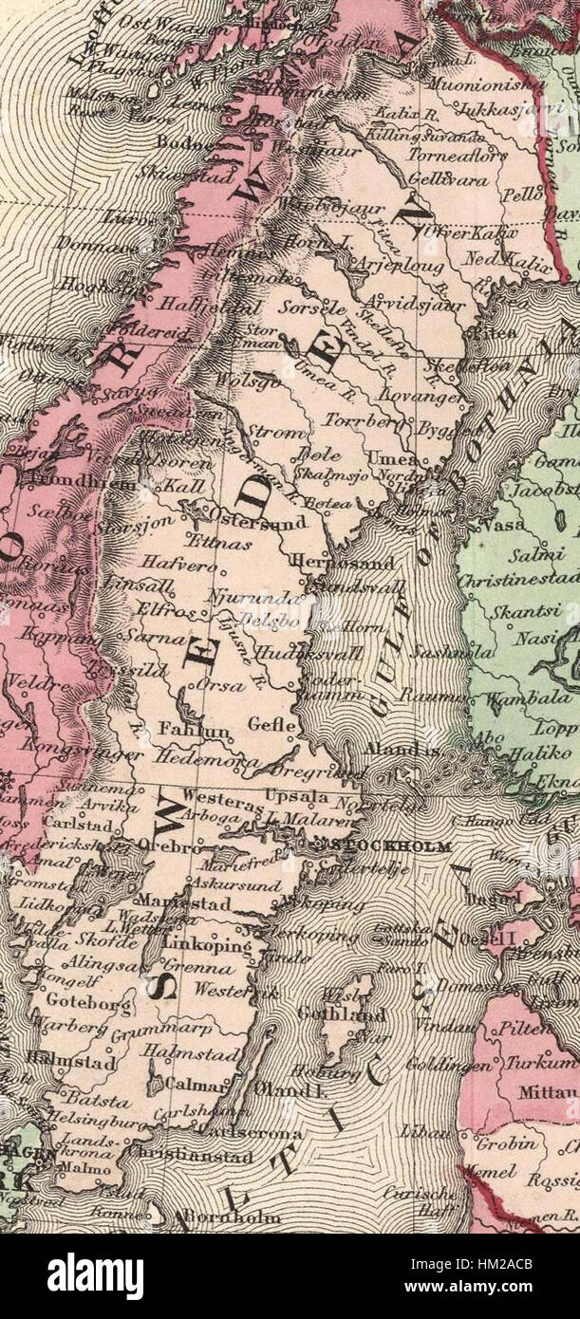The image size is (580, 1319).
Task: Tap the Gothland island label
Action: (x=355, y=1014)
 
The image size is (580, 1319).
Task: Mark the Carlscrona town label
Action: (x=253, y=1133)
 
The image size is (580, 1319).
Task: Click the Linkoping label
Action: (x=207, y=946)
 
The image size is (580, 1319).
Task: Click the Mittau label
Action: (x=546, y=1092)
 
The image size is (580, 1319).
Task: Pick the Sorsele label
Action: (x=309, y=282)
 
